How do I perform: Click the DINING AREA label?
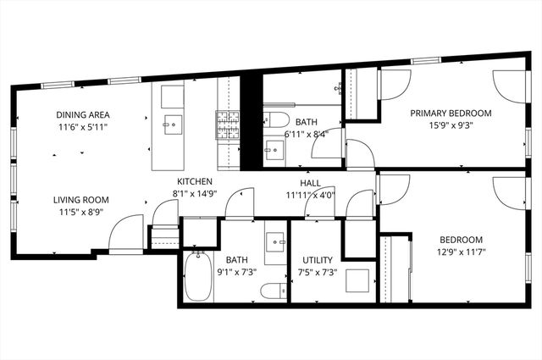click(82, 114)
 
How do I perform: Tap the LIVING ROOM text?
click(81, 200)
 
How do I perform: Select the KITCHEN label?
click(194, 182)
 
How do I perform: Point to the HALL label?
click(309, 182)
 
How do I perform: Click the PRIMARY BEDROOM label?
click(451, 113)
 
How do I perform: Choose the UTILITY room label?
click(318, 260)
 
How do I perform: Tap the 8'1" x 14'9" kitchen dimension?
click(194, 193)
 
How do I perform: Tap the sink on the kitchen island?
click(173, 124)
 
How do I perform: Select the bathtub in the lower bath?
click(198, 277)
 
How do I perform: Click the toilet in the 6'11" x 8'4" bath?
click(278, 119)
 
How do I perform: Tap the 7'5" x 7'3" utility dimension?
click(318, 272)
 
